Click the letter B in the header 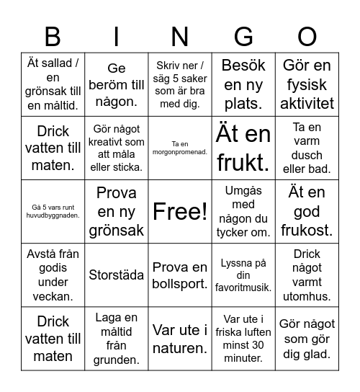[x=53, y=36]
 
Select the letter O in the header [x=307, y=36]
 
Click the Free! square [x=180, y=211]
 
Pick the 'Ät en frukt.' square [x=243, y=148]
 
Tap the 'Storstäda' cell [x=117, y=275]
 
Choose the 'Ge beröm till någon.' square [x=117, y=85]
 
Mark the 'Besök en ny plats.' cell [x=243, y=85]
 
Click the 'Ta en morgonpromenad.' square [x=180, y=148]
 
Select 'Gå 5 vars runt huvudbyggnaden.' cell [x=53, y=211]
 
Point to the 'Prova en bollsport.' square [x=180, y=275]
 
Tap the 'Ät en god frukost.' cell [x=307, y=211]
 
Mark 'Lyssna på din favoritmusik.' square [x=243, y=275]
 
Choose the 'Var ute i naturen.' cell [x=180, y=339]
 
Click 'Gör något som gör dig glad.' [x=307, y=339]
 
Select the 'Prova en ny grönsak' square [x=117, y=211]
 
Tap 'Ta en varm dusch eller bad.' [x=307, y=148]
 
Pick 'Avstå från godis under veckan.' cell [x=53, y=275]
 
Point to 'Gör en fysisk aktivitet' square [x=307, y=85]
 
